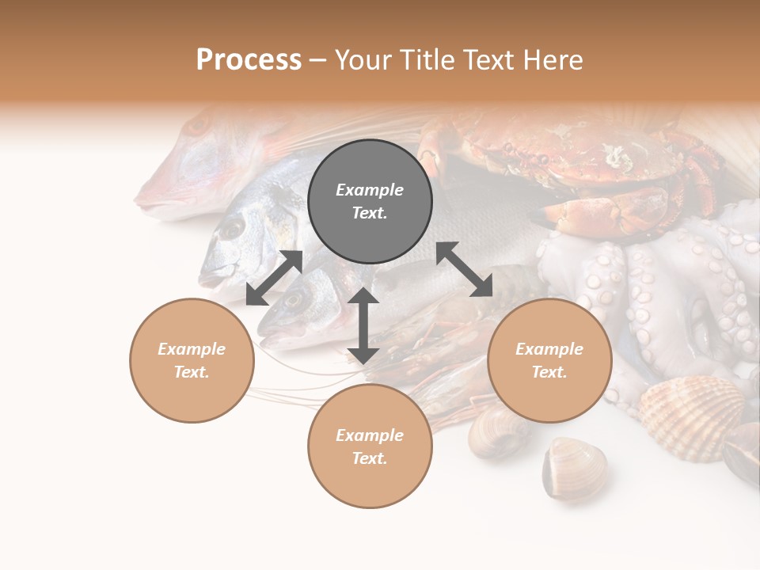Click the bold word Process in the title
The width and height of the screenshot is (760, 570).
tap(249, 60)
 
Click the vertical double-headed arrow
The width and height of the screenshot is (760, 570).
tap(363, 325)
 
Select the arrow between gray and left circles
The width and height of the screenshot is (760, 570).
tap(274, 278)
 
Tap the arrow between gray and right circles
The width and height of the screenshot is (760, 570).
tap(464, 270)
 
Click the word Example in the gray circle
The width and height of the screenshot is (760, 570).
tap(370, 190)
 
